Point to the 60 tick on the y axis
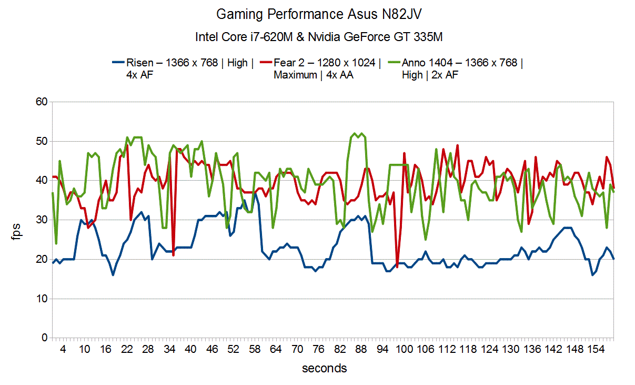click(42, 102)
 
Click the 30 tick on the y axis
click(42, 220)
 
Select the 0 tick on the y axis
click(44, 338)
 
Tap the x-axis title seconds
click(324, 368)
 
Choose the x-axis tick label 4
click(63, 349)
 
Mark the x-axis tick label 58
click(255, 349)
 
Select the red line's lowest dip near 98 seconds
click(397, 267)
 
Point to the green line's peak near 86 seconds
click(355, 134)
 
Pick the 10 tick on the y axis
click(42, 299)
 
